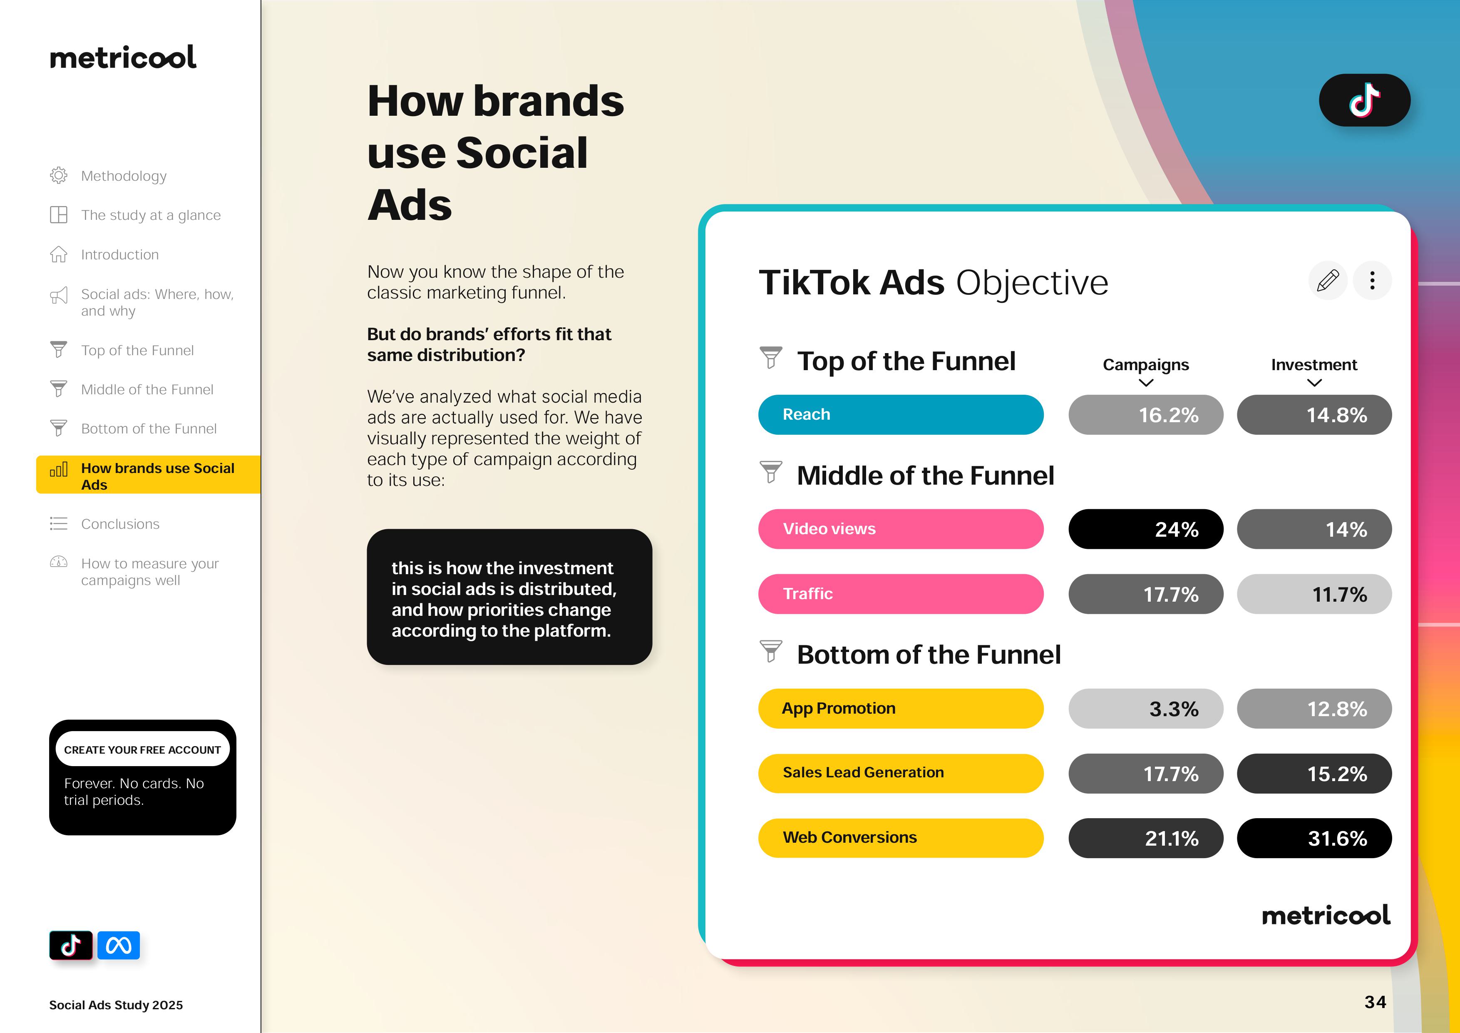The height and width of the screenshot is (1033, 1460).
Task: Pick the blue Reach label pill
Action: pos(900,415)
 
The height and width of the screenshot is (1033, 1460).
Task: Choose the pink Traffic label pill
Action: pos(900,594)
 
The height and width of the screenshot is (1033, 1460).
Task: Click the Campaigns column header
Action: pos(1146,365)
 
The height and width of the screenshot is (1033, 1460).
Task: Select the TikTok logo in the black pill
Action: pos(1365,100)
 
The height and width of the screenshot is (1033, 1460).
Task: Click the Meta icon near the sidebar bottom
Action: pos(118,945)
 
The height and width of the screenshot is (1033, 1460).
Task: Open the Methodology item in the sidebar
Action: pos(123,176)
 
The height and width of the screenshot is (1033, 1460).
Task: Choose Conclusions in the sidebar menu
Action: pos(120,524)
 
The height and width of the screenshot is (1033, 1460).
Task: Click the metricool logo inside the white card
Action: pos(1326,915)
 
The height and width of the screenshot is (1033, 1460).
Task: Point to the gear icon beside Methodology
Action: pos(59,176)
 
